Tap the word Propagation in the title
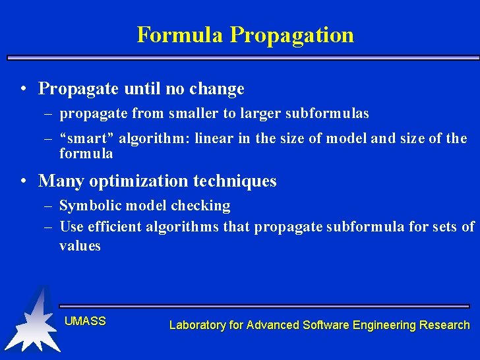[291, 35]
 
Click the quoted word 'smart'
[86, 138]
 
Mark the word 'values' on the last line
[80, 246]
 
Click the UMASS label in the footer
[85, 321]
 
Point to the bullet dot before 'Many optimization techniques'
[24, 181]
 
